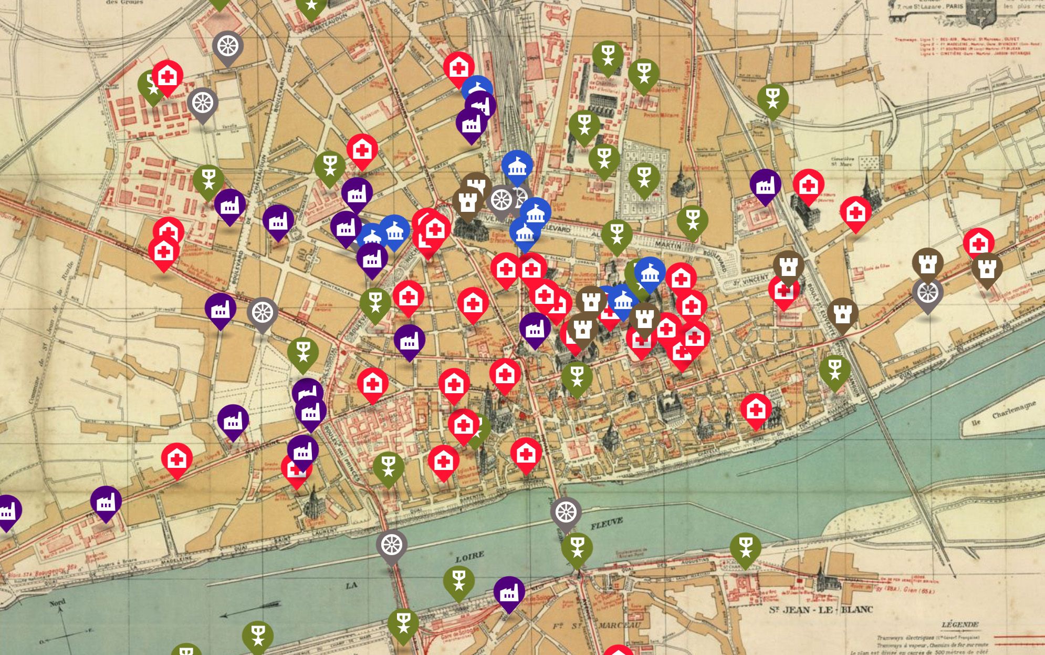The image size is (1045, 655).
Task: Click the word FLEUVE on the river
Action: [607, 524]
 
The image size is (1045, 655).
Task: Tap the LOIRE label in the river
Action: [469, 557]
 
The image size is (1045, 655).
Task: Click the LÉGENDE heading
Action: [959, 625]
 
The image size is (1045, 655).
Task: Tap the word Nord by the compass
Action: [57, 602]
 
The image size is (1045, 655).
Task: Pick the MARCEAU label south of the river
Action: [619, 626]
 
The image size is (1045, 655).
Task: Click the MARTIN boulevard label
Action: [668, 245]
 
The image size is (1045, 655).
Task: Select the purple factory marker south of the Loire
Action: [509, 592]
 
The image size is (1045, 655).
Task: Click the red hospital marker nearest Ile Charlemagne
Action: [756, 409]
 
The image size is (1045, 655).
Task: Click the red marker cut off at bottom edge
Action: [619, 651]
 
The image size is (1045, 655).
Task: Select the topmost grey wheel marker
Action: [228, 46]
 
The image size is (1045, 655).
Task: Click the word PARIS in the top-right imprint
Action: [954, 6]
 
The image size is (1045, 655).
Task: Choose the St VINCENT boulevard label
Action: [752, 280]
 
